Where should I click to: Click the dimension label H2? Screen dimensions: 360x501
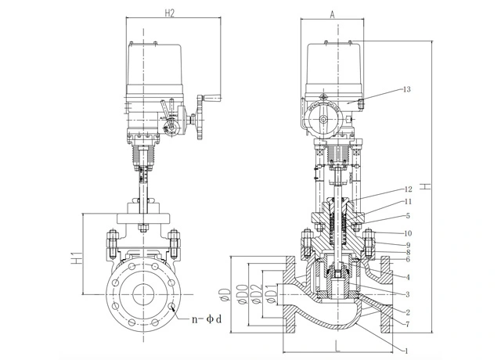click(169, 13)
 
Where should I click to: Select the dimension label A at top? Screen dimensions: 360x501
click(332, 14)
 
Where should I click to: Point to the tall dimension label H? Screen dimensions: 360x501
click(425, 186)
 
